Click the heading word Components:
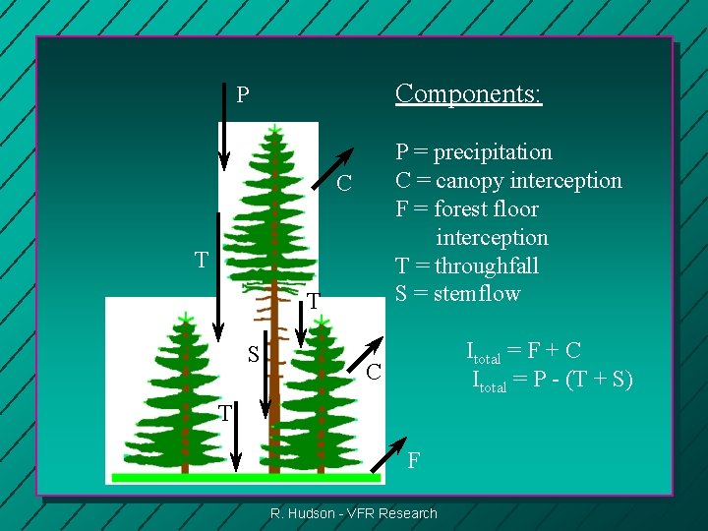pos(468,93)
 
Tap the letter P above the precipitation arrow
pos(243,95)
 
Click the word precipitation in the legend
pos(493,152)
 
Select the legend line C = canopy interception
pos(508,181)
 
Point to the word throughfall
pos(487,265)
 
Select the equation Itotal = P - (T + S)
pos(553,380)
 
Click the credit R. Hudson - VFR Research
pos(354,512)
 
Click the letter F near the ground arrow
pos(414,459)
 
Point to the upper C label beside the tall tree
pos(343,184)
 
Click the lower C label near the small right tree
pos(373,372)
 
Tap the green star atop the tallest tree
pos(274,129)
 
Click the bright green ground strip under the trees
pos(246,478)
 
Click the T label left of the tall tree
pos(201,261)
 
